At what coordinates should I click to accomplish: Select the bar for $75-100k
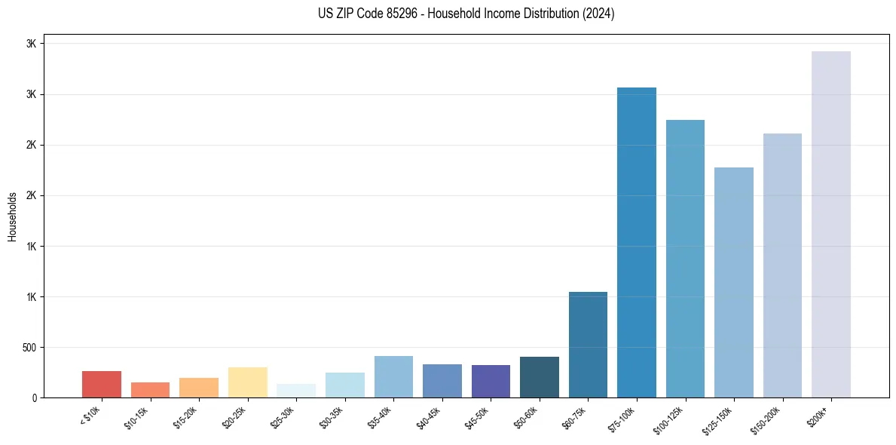point(636,242)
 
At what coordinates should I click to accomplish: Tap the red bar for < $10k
point(101,384)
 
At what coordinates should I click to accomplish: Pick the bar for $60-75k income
point(588,344)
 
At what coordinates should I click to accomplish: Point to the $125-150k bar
point(733,282)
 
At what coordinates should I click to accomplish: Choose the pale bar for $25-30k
point(295,391)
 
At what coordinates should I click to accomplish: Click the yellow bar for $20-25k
point(247,382)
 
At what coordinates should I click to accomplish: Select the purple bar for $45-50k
point(491,381)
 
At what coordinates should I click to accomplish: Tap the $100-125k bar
point(685,258)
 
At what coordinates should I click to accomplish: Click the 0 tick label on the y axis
point(34,398)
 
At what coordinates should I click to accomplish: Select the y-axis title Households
point(13,216)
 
